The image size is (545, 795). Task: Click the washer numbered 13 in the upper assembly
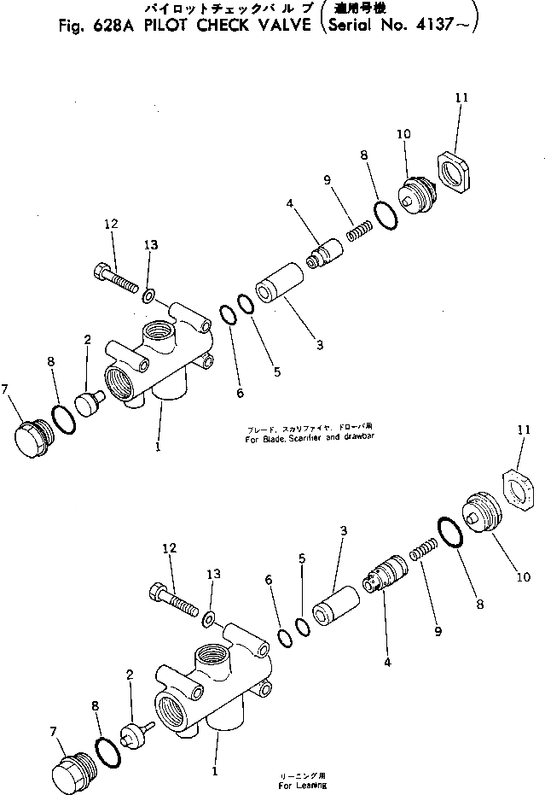tap(148, 295)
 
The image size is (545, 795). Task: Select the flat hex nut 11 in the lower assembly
tap(517, 493)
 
